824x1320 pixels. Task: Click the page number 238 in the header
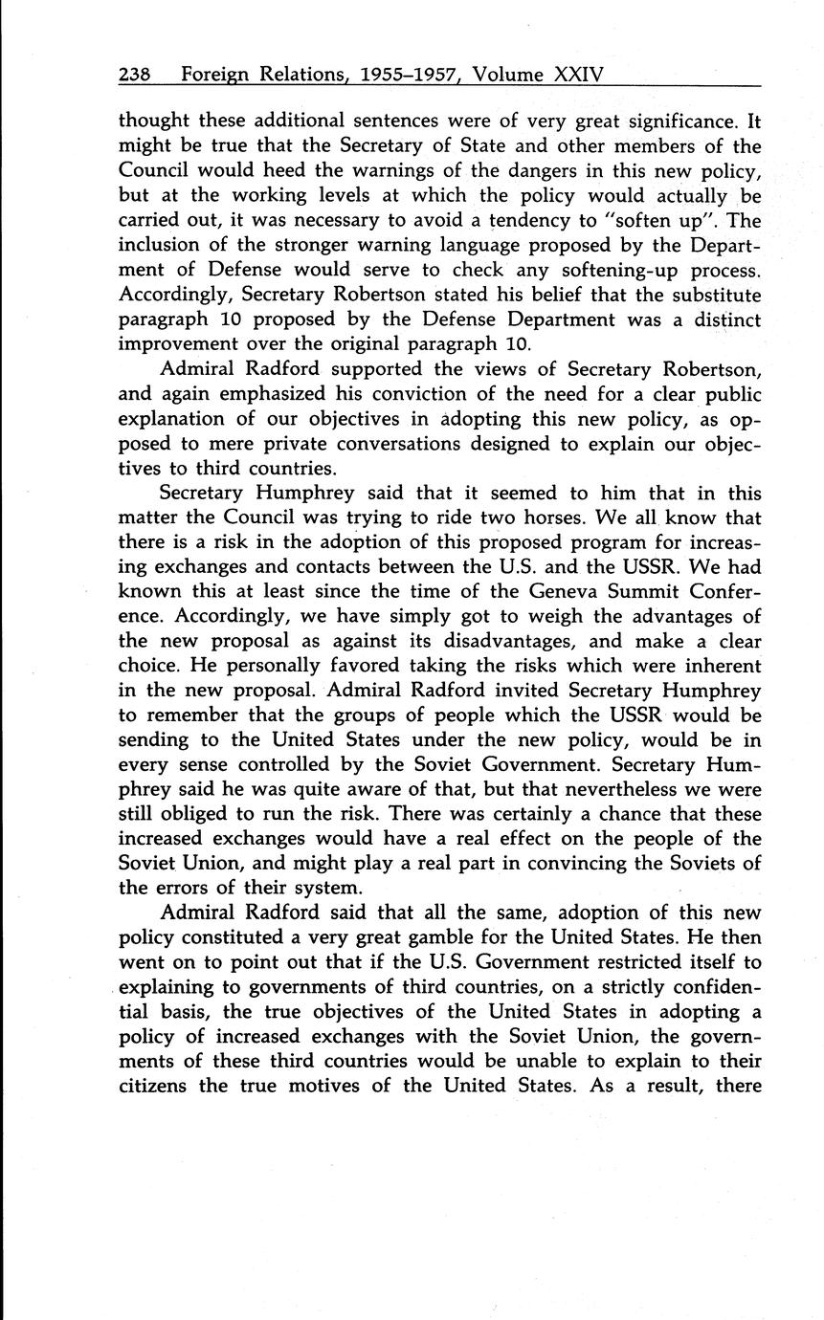136,75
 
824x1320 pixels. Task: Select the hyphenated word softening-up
612,272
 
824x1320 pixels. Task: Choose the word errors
197,890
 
